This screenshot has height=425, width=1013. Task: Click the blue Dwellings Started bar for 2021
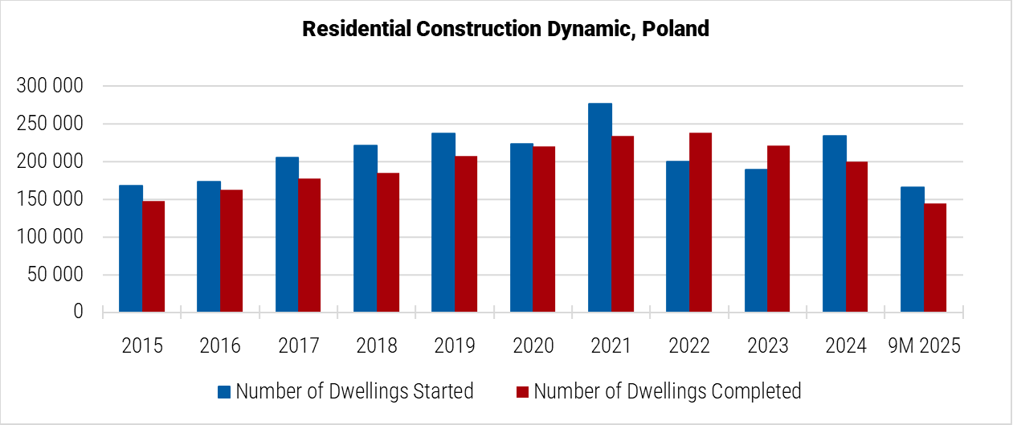tap(599, 207)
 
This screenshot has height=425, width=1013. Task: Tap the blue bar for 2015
tap(131, 248)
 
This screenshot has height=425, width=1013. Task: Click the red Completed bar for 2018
tap(388, 242)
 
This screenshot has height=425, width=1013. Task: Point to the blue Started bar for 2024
tap(834, 223)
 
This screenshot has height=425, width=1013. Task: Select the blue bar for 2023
tap(756, 240)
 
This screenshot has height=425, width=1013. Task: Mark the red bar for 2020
tap(544, 229)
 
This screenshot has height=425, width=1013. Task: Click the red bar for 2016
tap(231, 251)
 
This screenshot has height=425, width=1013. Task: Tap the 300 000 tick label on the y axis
tap(50, 87)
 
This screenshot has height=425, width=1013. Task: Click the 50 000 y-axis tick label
tap(55, 276)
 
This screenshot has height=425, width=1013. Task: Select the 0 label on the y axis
tap(78, 312)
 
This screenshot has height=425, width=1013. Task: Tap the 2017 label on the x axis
tap(298, 345)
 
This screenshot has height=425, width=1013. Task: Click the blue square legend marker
tap(224, 392)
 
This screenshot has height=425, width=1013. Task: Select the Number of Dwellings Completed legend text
tap(668, 391)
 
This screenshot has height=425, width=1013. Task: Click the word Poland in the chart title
tap(676, 30)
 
